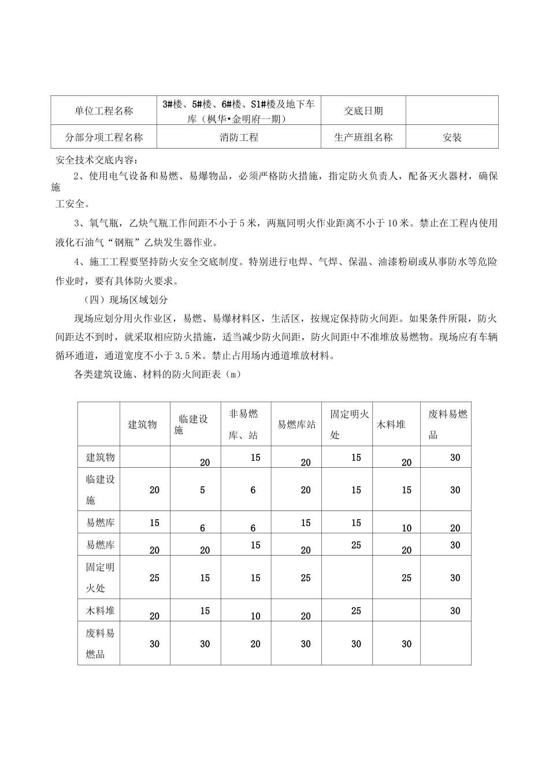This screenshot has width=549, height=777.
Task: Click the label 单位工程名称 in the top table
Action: point(104,110)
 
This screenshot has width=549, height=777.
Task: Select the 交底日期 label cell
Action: point(363,110)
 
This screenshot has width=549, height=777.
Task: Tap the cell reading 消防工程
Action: point(239,138)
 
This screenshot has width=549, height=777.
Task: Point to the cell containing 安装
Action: point(452,138)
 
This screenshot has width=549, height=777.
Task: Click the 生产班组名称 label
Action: point(363,138)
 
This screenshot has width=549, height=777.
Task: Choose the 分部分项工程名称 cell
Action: point(104,138)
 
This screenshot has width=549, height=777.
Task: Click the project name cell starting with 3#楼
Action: point(239,110)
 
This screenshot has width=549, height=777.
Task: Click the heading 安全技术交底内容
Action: point(97,160)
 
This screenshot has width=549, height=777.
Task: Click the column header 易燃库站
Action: point(296,424)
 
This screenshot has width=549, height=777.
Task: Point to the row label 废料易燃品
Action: point(99,643)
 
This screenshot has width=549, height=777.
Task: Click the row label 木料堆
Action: point(100,610)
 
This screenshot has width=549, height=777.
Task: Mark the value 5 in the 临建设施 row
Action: point(203,490)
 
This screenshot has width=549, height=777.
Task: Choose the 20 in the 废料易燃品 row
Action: point(255,644)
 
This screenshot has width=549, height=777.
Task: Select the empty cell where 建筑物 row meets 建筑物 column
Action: point(145,457)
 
